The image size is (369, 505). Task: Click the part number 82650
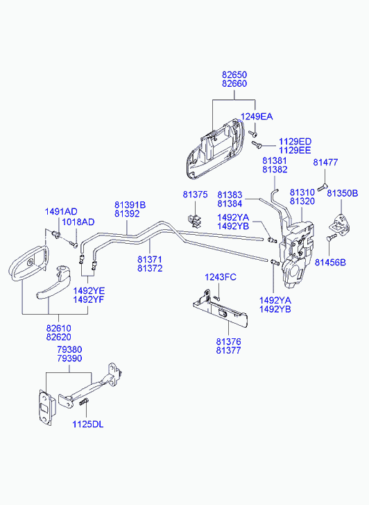tap(234, 75)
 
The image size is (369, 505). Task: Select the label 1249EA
tap(257, 116)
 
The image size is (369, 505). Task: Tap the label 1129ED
tap(295, 142)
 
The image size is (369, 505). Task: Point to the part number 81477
tap(325, 163)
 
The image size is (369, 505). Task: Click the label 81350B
tap(343, 193)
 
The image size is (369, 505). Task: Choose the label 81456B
tap(330, 263)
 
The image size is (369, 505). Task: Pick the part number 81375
tap(196, 194)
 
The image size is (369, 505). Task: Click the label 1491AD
tap(61, 212)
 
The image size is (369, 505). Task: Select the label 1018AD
tap(78, 222)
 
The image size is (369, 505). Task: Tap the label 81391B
tap(130, 205)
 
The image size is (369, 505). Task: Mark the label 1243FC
tap(221, 277)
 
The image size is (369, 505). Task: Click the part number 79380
tap(69, 349)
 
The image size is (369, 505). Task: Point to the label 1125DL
tap(88, 424)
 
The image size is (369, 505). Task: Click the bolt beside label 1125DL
tap(83, 401)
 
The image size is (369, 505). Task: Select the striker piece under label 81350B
tap(338, 223)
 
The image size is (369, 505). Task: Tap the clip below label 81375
tap(194, 220)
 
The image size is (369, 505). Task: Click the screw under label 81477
tap(323, 187)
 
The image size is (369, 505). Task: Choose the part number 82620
tap(58, 337)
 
